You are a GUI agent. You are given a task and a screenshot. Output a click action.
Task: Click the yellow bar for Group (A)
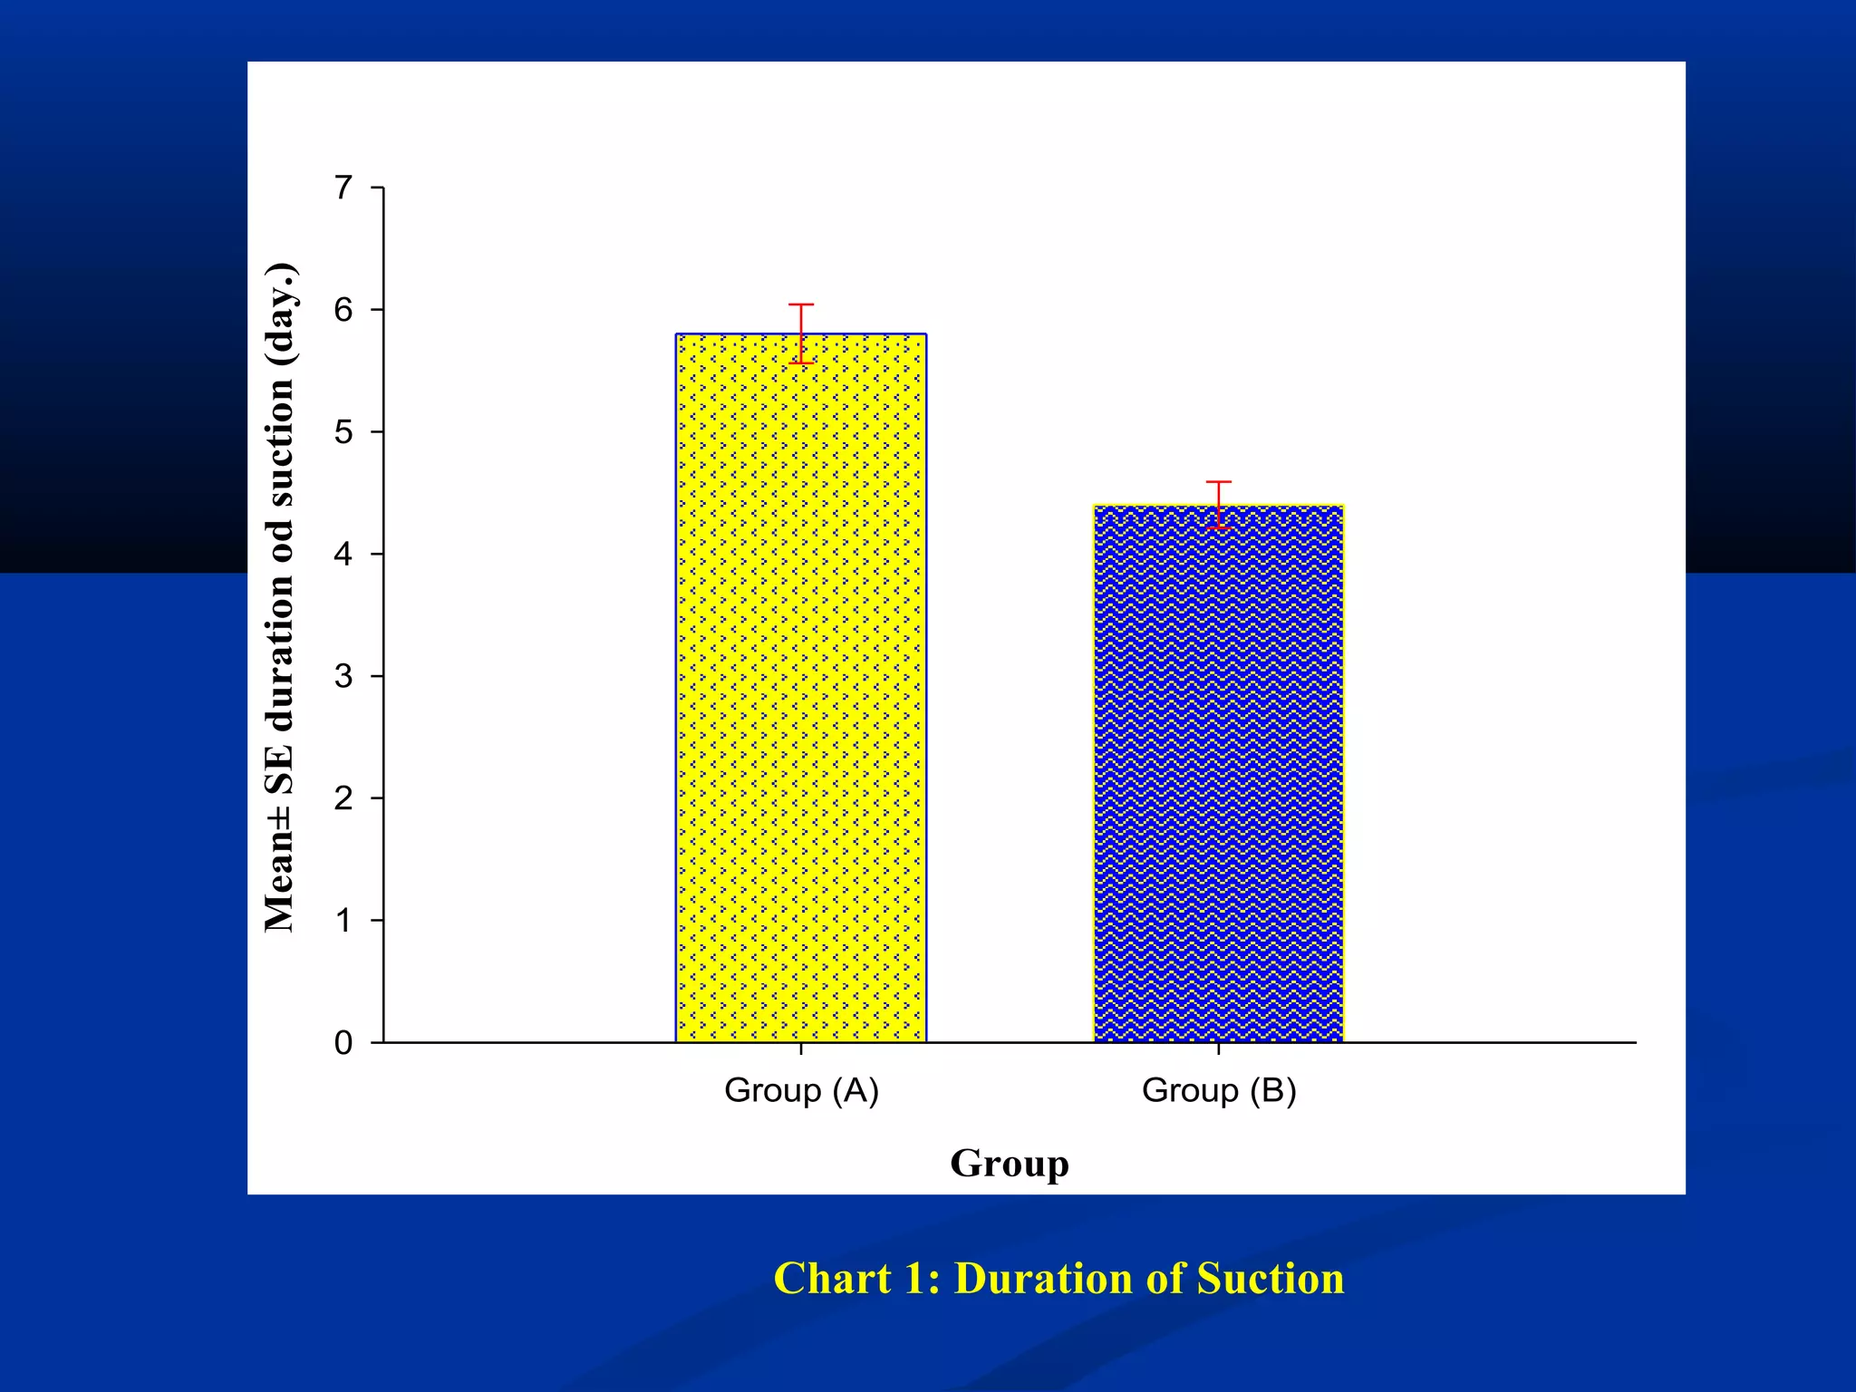[x=801, y=689]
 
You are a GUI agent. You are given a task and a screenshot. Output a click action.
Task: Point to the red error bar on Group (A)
[x=801, y=333]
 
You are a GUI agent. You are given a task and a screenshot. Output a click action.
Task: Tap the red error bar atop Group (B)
[x=1219, y=505]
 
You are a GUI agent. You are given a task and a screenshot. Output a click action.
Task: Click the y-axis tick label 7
[x=343, y=188]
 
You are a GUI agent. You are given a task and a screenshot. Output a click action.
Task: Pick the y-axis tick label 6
[x=343, y=310]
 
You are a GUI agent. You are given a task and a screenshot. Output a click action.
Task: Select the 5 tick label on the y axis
[x=343, y=432]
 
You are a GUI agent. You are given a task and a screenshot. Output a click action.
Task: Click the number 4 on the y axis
[x=343, y=554]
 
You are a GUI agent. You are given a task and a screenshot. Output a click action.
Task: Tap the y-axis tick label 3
[x=343, y=676]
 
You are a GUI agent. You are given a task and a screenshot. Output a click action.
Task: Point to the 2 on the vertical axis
[x=343, y=798]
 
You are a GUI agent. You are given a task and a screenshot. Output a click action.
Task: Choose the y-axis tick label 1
[x=343, y=921]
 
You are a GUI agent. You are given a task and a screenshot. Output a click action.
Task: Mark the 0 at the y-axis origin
[x=343, y=1043]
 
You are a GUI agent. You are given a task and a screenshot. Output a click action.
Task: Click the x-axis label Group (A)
[x=801, y=1090]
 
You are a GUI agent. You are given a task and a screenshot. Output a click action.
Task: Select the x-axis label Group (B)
[x=1219, y=1090]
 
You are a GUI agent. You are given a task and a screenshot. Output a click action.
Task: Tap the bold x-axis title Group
[x=1009, y=1164]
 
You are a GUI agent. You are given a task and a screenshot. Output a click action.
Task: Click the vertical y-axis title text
[x=280, y=598]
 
